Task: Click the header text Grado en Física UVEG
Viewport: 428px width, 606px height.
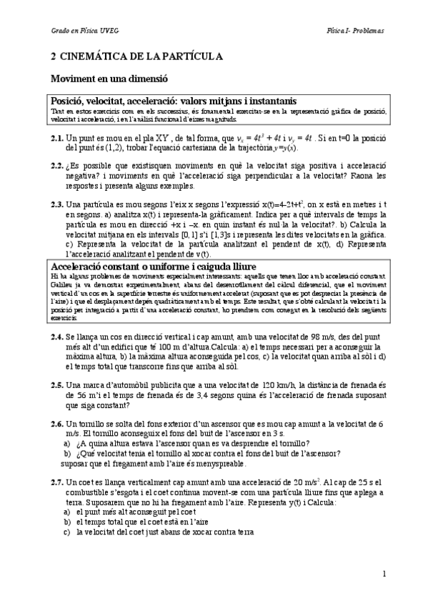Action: (82, 32)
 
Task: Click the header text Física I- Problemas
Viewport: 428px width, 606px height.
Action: (356, 32)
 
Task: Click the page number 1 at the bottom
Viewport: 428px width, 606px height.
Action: (384, 573)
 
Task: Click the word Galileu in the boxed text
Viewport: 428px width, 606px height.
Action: (62, 282)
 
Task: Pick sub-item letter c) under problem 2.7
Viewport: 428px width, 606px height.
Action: (66, 532)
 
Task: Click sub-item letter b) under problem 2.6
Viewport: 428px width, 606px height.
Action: (67, 454)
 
